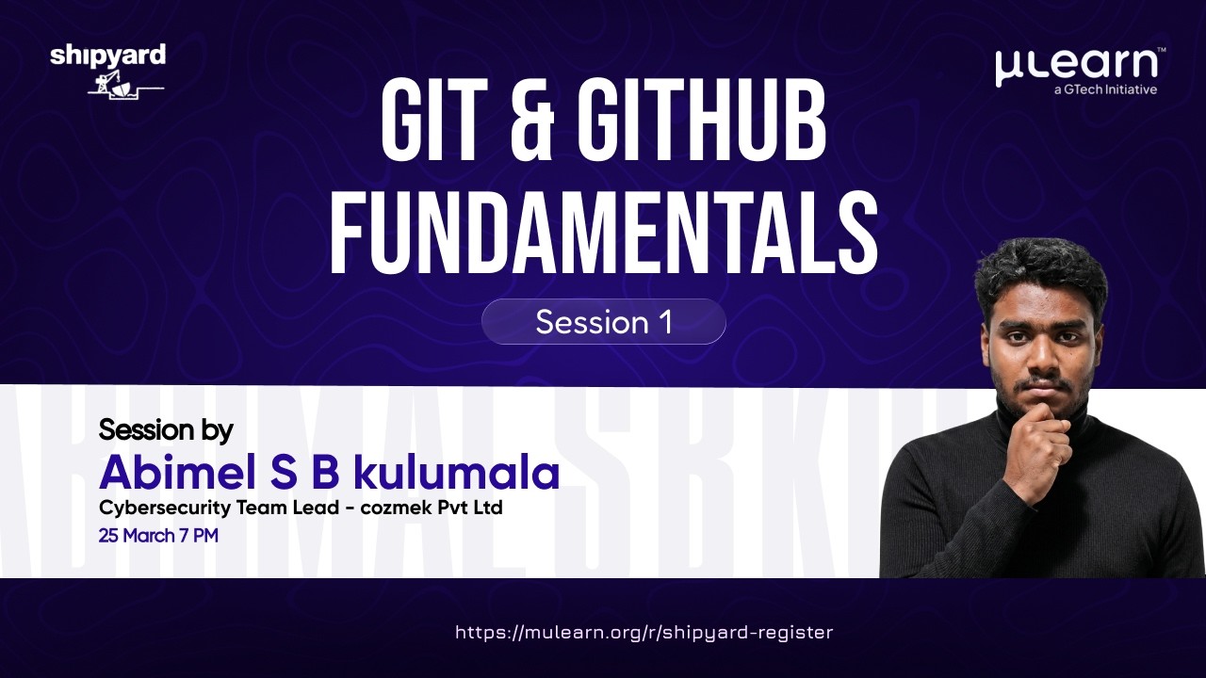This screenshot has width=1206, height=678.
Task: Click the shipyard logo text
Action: click(x=107, y=56)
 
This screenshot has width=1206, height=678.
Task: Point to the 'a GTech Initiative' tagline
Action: click(x=1105, y=90)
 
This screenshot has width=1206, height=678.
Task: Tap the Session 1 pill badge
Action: click(x=603, y=322)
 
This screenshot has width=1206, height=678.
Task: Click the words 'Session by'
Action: click(x=166, y=430)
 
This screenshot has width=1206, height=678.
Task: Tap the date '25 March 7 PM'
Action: click(x=158, y=536)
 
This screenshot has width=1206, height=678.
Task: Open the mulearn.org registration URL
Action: click(x=644, y=633)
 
